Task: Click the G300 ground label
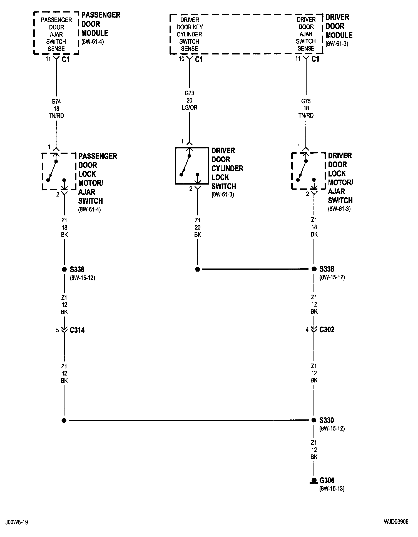327,480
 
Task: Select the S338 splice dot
64,269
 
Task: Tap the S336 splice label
327,269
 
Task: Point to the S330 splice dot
314,420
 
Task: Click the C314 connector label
77,330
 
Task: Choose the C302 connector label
327,329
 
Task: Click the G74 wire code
56,102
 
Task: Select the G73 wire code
190,93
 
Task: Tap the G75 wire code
306,101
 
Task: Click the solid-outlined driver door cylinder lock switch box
192,166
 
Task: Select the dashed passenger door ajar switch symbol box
59,171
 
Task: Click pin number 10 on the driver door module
181,59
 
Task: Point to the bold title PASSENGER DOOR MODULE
100,24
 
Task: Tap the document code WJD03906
396,522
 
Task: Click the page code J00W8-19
16,522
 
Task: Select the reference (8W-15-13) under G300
332,488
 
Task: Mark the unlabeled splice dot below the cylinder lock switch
197,269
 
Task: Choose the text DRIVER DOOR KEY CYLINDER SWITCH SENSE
190,34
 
